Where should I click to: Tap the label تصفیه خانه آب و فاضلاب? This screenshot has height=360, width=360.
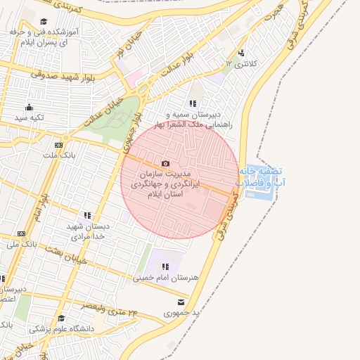pyautogui.click(x=260, y=177)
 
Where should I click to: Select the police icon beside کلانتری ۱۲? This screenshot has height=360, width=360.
pyautogui.click(x=242, y=53)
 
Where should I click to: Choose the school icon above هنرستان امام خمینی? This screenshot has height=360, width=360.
pyautogui.click(x=166, y=266)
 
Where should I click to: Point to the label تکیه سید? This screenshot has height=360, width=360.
pyautogui.click(x=29, y=117)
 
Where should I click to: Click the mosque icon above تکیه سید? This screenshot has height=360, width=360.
pyautogui.click(x=29, y=108)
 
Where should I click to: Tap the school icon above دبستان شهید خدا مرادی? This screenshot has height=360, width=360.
pyautogui.click(x=87, y=215)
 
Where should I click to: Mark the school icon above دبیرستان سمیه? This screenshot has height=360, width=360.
pyautogui.click(x=193, y=103)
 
